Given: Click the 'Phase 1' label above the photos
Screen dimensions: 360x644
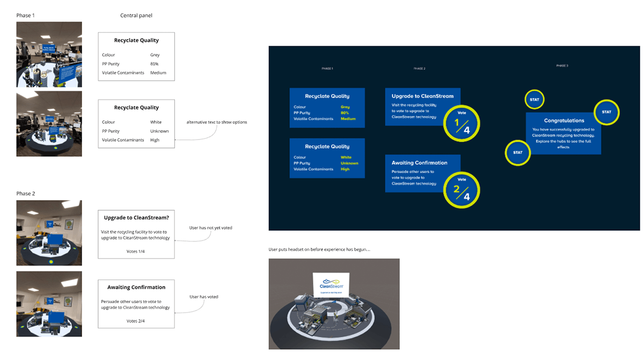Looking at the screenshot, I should click(26, 16).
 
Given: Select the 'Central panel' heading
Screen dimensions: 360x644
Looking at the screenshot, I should click(136, 16).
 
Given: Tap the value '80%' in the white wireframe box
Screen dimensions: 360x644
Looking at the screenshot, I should click(155, 64).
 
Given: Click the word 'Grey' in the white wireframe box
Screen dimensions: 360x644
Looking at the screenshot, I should click(155, 55).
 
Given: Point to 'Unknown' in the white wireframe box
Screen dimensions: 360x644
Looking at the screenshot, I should click(159, 131).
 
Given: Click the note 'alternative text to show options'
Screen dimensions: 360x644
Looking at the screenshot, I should click(217, 122).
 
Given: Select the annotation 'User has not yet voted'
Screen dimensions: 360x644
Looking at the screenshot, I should click(210, 228).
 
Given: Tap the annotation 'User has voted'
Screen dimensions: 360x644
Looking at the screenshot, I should click(204, 297).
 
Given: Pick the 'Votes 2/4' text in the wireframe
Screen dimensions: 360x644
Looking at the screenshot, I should click(136, 321).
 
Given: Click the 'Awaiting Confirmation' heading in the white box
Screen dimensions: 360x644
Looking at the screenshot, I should click(136, 287).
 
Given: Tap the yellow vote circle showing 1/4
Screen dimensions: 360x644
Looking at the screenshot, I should click(461, 123).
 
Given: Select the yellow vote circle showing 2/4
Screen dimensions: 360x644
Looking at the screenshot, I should click(461, 189).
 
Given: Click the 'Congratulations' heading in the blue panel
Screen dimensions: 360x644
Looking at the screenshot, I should click(563, 121).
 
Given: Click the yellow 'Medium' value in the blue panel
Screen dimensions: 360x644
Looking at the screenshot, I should click(348, 119).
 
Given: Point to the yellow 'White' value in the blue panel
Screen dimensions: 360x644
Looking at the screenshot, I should click(346, 157).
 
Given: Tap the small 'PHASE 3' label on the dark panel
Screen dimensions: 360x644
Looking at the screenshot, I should click(562, 65).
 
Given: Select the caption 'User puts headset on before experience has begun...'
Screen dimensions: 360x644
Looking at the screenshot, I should click(319, 249).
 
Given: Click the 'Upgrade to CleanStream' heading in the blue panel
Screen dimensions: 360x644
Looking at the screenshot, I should click(422, 96).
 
